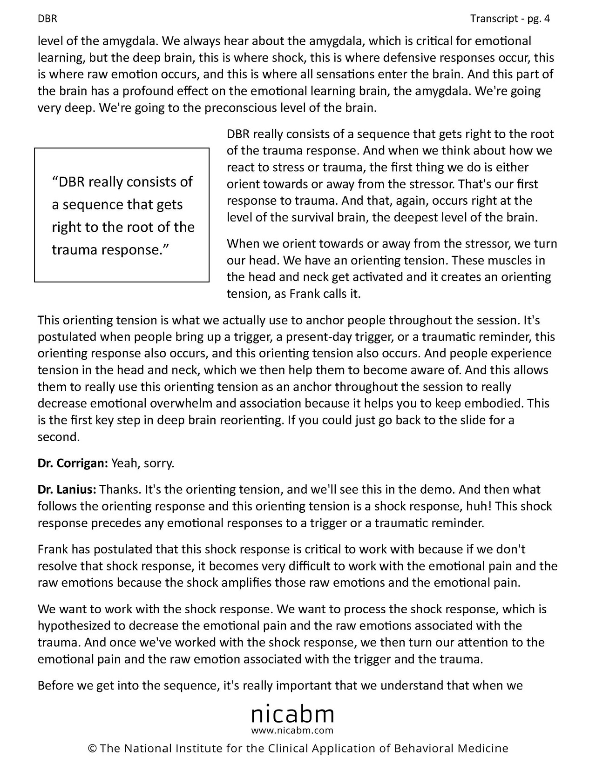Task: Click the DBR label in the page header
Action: click(x=47, y=19)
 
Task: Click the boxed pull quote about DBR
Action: click(x=122, y=215)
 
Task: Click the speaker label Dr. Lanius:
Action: click(x=67, y=489)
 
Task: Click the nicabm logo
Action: click(x=292, y=714)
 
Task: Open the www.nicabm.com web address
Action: click(x=292, y=730)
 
